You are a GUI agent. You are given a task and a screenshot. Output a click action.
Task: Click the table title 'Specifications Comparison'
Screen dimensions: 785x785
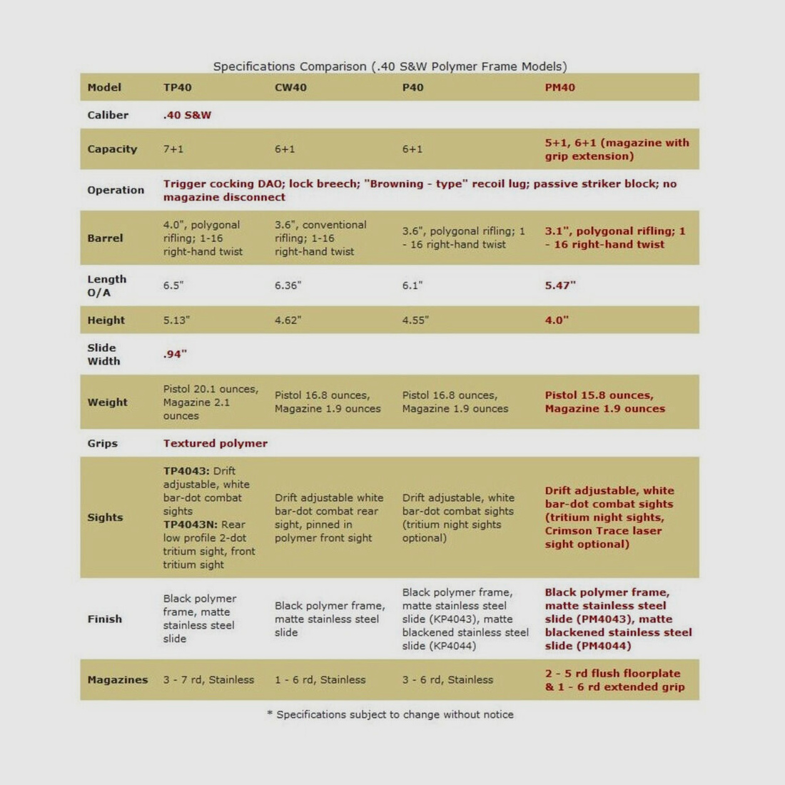(x=390, y=66)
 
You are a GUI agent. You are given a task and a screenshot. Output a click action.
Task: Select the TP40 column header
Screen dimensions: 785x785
(x=177, y=87)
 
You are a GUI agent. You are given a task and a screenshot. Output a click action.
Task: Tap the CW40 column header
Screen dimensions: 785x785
(x=290, y=87)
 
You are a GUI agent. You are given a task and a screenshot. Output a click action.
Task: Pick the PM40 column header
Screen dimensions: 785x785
(x=559, y=87)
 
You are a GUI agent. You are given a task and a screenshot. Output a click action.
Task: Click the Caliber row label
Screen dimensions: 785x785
(x=108, y=115)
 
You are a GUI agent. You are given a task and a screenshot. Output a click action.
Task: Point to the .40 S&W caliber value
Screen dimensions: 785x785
(x=187, y=115)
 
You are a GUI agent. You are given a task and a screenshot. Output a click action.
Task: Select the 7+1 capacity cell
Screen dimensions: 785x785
(x=173, y=149)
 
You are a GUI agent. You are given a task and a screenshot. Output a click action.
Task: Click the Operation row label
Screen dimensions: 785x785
(x=116, y=190)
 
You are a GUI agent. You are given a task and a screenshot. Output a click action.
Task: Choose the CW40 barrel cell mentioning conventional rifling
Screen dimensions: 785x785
(x=320, y=238)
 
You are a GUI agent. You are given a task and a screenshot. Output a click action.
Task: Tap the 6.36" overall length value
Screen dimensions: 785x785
(x=288, y=285)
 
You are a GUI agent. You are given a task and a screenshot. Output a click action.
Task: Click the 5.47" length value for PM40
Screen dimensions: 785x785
(x=560, y=285)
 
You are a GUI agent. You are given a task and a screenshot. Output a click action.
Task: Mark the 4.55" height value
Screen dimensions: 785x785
(x=415, y=320)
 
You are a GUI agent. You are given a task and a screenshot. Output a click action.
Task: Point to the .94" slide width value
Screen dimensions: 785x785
(x=175, y=354)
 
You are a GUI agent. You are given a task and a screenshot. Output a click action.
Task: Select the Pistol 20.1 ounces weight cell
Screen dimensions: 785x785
(x=211, y=402)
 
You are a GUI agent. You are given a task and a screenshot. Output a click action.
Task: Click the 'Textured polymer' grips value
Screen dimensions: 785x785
(x=215, y=443)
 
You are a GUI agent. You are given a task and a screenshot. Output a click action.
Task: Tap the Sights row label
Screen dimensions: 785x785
(x=105, y=517)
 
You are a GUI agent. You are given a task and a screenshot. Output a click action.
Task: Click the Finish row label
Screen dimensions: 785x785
(x=104, y=619)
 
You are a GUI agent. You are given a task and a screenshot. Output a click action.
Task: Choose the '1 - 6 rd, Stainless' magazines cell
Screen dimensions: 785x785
(x=320, y=679)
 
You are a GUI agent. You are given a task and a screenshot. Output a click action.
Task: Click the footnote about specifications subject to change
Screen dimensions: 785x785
(x=390, y=714)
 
